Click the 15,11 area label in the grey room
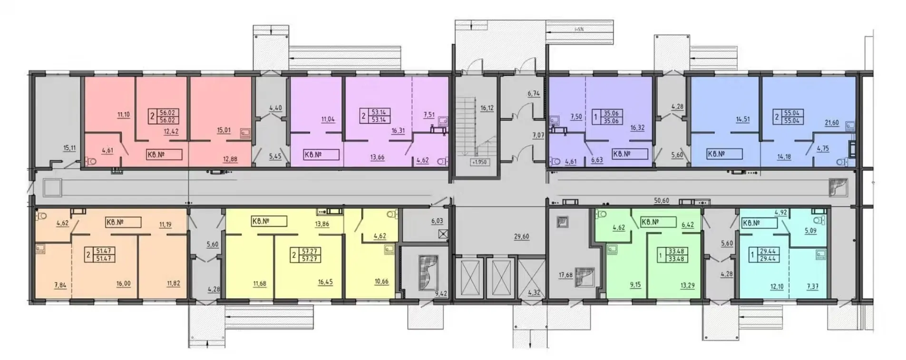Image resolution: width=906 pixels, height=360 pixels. point(69,148)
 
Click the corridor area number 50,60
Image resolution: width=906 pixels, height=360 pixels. point(662,201)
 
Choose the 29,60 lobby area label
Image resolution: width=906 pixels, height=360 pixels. point(521,236)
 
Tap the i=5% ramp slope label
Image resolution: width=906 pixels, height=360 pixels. point(578,29)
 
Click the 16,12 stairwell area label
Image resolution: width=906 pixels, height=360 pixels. point(487,108)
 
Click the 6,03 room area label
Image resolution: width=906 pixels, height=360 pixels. point(436,221)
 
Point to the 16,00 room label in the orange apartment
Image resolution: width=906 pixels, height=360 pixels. point(123,283)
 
